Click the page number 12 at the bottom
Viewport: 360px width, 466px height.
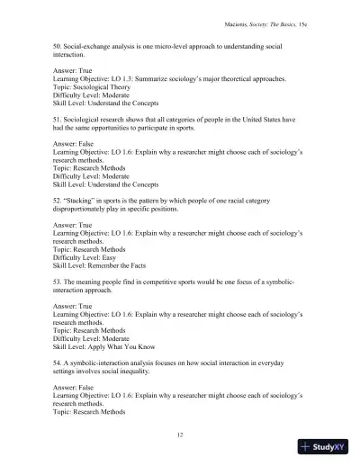click(x=182, y=433)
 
